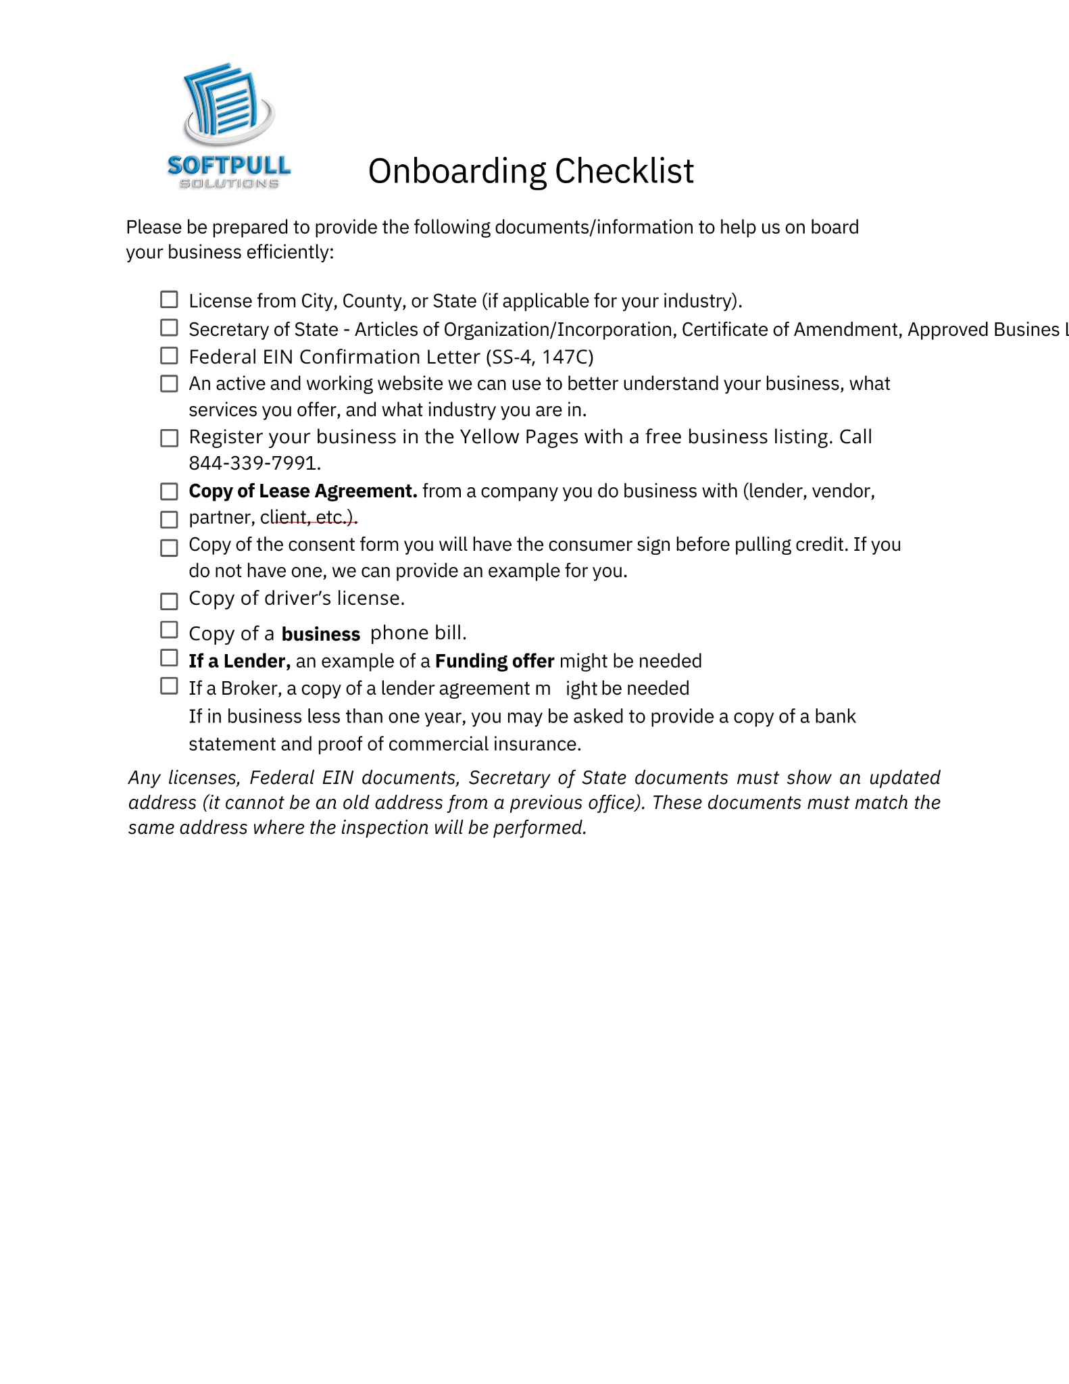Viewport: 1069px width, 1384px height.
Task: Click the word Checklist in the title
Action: click(624, 171)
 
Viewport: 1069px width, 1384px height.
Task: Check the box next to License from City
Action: click(169, 299)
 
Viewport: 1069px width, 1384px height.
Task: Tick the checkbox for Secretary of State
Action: click(169, 328)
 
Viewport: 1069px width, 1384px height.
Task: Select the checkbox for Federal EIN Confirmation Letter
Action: click(169, 355)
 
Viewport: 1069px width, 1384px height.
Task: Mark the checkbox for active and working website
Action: click(169, 384)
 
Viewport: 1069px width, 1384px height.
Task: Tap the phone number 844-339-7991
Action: click(253, 464)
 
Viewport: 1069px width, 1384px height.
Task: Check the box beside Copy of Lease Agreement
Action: click(169, 491)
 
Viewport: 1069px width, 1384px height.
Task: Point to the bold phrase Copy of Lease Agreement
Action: click(303, 491)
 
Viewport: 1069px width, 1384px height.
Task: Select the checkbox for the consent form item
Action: click(169, 547)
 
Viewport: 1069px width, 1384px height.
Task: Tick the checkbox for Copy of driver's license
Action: click(169, 601)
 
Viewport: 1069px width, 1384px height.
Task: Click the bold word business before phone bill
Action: click(321, 634)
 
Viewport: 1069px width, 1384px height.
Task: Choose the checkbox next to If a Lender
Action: click(169, 658)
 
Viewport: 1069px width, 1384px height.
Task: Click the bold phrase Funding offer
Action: click(495, 661)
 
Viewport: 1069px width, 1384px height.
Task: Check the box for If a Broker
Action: click(169, 686)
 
